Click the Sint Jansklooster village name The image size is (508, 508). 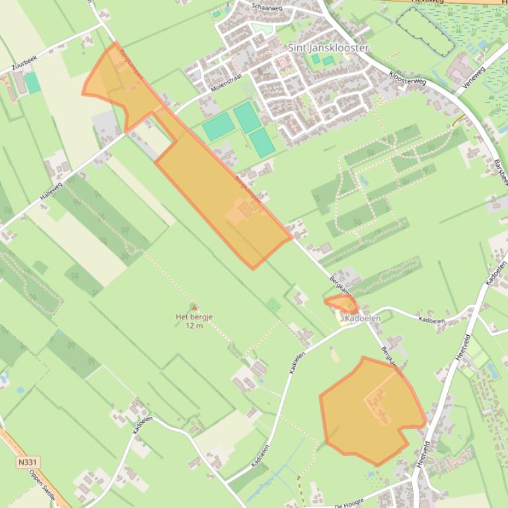click(328, 48)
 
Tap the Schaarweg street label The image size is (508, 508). click(266, 7)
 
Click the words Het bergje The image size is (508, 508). click(194, 317)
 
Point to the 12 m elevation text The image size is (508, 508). click(194, 326)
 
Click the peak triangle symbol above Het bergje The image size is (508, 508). click(194, 307)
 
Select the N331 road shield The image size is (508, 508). click(27, 463)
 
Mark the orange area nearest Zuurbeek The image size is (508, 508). click(116, 82)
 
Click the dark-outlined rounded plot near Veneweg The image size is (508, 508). click(426, 31)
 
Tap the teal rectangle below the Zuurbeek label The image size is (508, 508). click(32, 82)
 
